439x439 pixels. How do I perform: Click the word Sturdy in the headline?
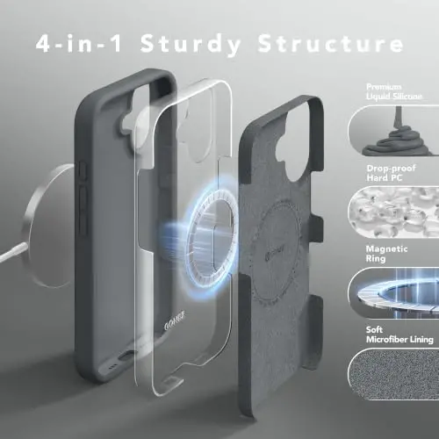tap(191, 44)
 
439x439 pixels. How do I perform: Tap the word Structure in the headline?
tap(331, 43)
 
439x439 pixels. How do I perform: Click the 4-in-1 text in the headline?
tap(79, 43)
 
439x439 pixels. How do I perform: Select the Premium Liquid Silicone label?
tap(394, 91)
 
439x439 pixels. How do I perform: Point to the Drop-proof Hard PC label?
tap(391, 173)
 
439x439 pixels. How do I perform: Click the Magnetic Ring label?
tap(386, 254)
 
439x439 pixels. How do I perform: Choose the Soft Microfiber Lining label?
tap(399, 335)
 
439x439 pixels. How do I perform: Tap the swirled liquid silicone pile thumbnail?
tap(393, 131)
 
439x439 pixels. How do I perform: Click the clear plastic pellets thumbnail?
tap(393, 212)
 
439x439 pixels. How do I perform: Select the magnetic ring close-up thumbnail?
tap(393, 293)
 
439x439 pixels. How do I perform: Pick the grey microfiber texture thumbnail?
tap(393, 374)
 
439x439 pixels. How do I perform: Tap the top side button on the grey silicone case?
tap(83, 171)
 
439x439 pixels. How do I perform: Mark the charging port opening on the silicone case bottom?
tap(126, 356)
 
